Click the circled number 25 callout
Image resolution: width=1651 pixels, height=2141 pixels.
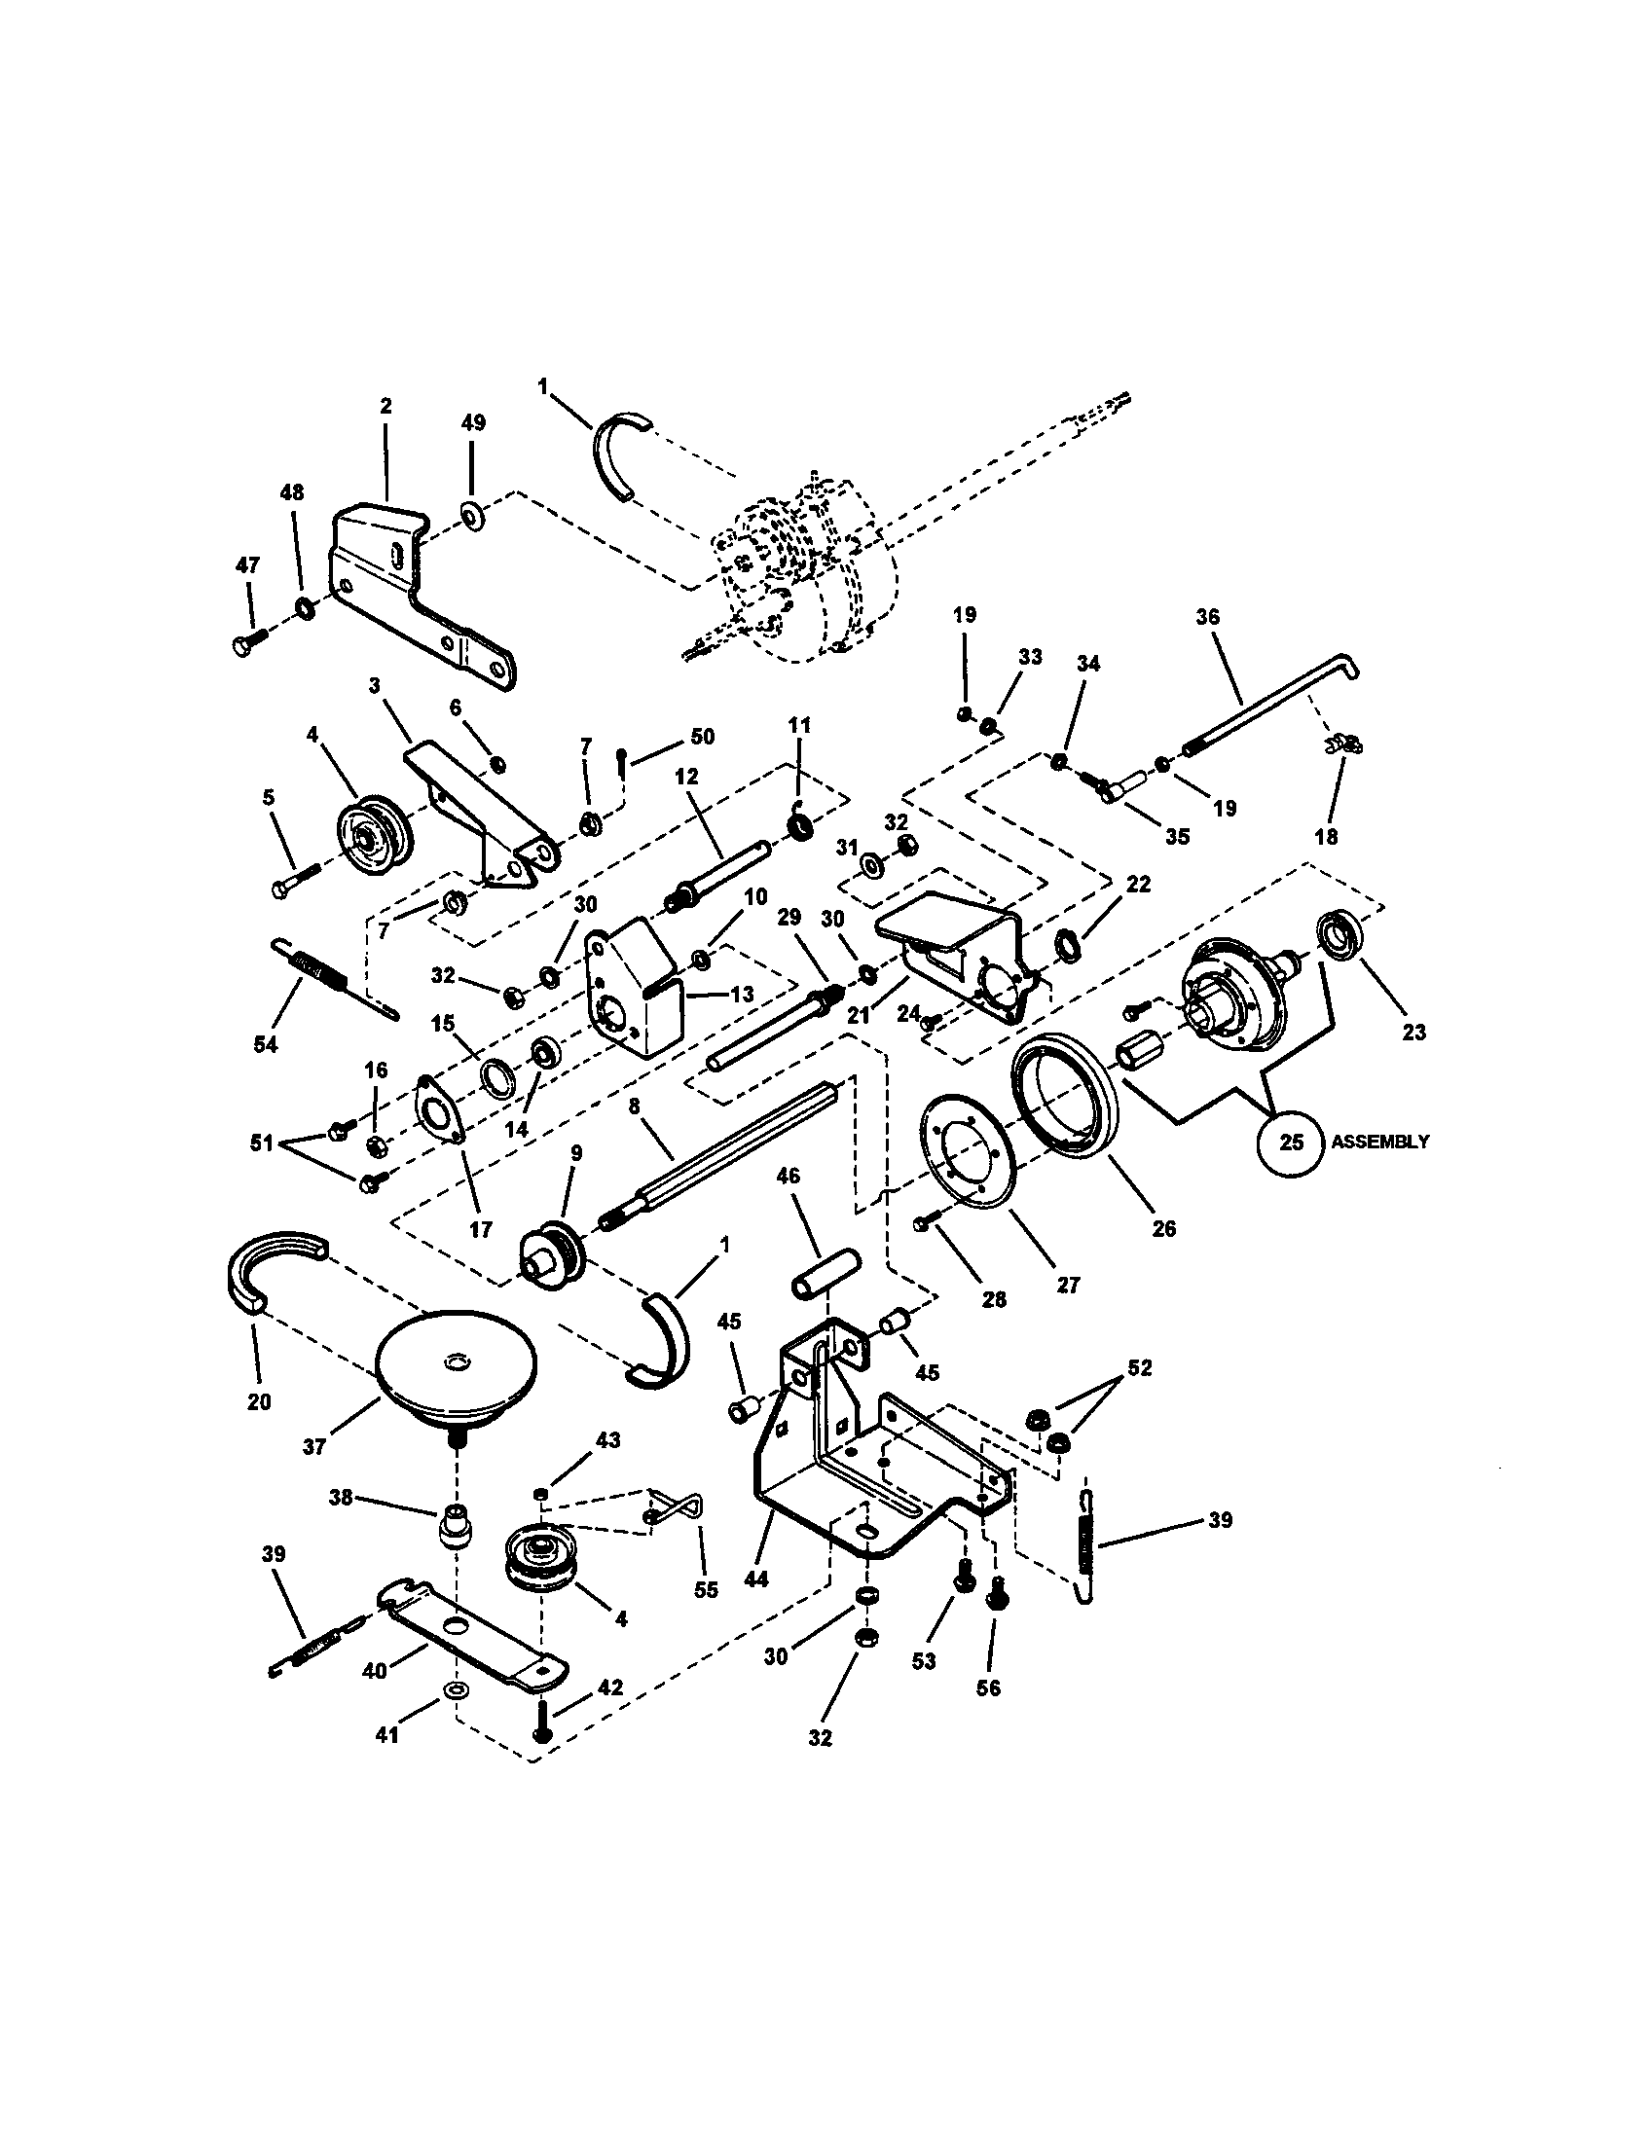1291,1143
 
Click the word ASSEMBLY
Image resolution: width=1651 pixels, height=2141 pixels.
1379,1143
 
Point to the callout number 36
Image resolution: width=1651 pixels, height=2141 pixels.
1207,617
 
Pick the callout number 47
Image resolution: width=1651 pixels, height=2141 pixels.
248,564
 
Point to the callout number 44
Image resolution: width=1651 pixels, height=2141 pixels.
755,1579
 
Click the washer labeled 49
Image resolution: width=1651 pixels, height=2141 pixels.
472,513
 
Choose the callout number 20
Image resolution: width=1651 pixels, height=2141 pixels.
258,1401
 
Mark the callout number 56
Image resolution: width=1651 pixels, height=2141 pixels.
988,1688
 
